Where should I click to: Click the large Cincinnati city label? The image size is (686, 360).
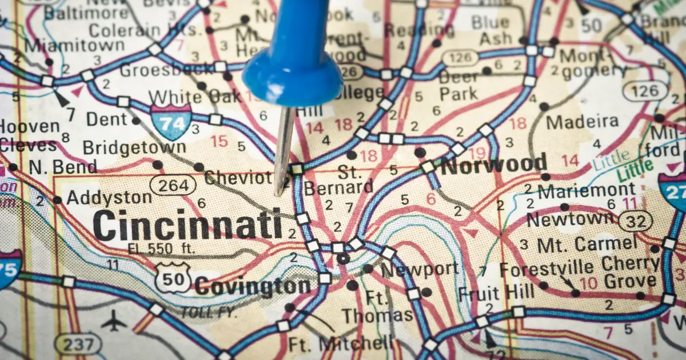(187, 225)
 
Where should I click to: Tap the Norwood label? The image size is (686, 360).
(494, 165)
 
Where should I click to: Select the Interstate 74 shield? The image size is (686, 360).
(171, 122)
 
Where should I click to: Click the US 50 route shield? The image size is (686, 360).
(173, 278)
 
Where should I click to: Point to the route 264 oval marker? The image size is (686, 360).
(173, 185)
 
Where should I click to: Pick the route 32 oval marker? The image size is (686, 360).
(635, 221)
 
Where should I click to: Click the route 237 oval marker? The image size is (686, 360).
(78, 344)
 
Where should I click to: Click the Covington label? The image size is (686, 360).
(253, 286)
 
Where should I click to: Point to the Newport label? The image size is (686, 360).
(420, 269)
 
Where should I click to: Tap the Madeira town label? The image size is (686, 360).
(582, 122)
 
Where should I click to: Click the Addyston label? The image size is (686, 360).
(109, 198)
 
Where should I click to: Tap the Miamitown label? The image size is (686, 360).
(74, 45)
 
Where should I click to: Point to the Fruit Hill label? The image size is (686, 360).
(496, 293)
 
